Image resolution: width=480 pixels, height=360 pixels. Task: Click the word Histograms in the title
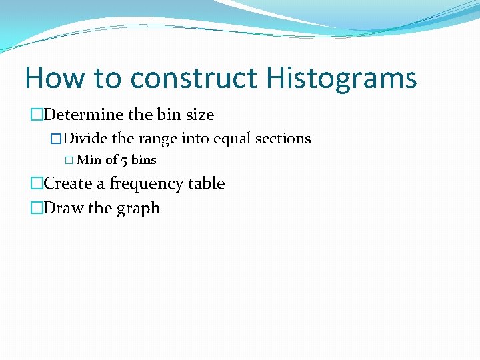click(x=341, y=79)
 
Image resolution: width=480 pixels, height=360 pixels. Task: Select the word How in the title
click(x=54, y=79)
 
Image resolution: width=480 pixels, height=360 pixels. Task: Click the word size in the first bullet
click(x=199, y=115)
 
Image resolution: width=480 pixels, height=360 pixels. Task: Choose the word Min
click(x=89, y=160)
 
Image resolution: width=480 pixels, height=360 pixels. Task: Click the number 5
click(x=125, y=160)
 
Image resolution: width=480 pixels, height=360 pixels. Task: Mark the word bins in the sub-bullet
click(x=143, y=160)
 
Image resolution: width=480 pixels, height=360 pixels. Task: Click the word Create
click(x=69, y=183)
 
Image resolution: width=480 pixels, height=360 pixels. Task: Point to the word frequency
click(x=141, y=184)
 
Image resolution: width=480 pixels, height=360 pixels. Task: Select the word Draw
click(x=63, y=208)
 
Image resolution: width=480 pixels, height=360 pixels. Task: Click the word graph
click(x=138, y=209)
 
